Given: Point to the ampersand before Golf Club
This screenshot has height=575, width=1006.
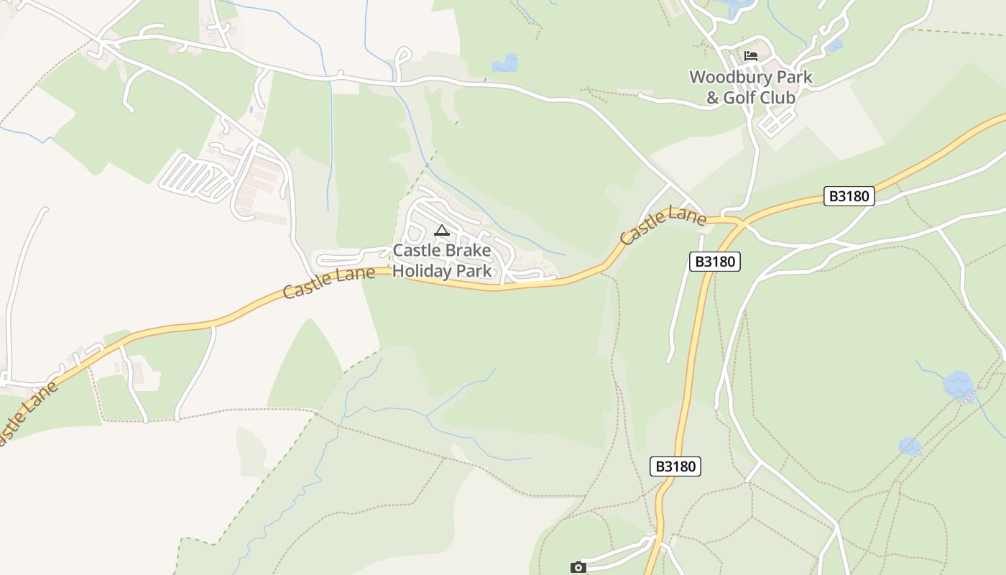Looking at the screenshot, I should tap(712, 98).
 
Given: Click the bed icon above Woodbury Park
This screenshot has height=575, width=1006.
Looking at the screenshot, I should tap(751, 56).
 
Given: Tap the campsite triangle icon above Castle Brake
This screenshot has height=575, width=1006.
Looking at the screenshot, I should tap(441, 231).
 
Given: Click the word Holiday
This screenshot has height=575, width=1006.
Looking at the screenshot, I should tap(423, 271).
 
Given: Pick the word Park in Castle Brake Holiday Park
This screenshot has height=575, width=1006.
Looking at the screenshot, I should tap(475, 271).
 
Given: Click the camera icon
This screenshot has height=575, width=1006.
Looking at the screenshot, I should tap(578, 568).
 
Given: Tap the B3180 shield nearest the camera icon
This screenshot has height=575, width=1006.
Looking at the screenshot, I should tap(675, 466).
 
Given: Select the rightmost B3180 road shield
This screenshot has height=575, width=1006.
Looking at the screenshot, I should tap(849, 196).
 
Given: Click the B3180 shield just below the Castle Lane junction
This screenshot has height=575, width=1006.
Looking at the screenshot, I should tap(714, 262).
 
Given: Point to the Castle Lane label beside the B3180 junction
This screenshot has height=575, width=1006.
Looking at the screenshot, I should tap(663, 224).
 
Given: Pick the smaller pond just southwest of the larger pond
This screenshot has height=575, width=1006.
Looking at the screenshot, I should tap(910, 446).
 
